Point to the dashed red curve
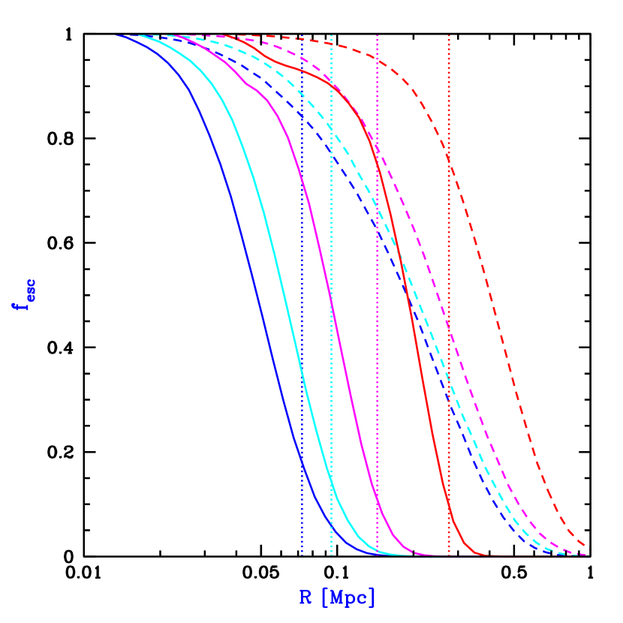click(x=492, y=300)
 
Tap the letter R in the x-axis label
click(x=305, y=597)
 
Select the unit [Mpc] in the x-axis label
click(x=348, y=597)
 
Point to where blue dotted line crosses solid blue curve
click(x=302, y=459)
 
